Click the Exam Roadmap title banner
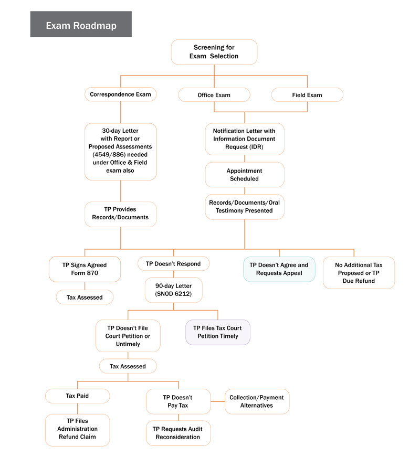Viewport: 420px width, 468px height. click(81, 25)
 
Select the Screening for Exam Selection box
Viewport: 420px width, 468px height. click(214, 52)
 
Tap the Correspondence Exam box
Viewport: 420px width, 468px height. click(120, 94)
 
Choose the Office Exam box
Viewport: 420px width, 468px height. click(214, 95)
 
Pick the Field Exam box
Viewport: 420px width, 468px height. click(307, 95)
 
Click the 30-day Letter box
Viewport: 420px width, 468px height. click(120, 151)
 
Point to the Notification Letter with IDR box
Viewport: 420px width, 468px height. click(244, 139)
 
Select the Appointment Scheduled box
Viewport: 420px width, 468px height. click(244, 175)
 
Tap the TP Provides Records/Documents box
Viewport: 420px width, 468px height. click(120, 214)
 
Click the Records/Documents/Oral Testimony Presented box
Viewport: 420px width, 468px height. click(244, 207)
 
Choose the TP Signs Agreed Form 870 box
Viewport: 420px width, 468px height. click(85, 269)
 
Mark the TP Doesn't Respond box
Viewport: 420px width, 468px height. click(173, 263)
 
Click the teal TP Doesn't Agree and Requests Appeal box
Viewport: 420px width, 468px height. click(279, 269)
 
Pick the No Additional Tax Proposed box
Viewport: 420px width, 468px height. click(359, 273)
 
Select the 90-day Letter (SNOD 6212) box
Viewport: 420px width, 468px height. click(173, 290)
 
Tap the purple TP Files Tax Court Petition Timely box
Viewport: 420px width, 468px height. click(217, 332)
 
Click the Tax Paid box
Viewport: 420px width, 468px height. click(77, 396)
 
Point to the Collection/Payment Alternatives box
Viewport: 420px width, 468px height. click(257, 401)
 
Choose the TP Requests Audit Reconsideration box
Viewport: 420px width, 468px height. click(178, 433)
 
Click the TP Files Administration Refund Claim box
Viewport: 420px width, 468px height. click(77, 429)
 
